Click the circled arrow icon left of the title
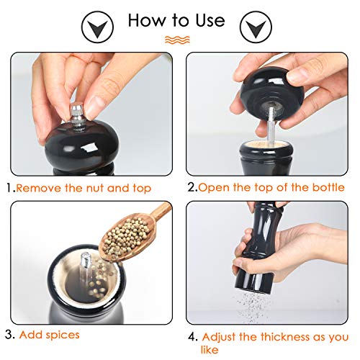click(x=97, y=27)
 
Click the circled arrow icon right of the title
click(x=256, y=27)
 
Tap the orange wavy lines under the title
click(x=177, y=40)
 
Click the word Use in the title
click(x=210, y=20)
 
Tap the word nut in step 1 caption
click(x=96, y=188)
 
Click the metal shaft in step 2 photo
click(x=271, y=127)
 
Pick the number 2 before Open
click(x=192, y=187)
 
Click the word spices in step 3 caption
click(x=63, y=335)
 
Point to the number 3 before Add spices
click(x=10, y=335)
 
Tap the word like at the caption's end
click(x=210, y=350)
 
